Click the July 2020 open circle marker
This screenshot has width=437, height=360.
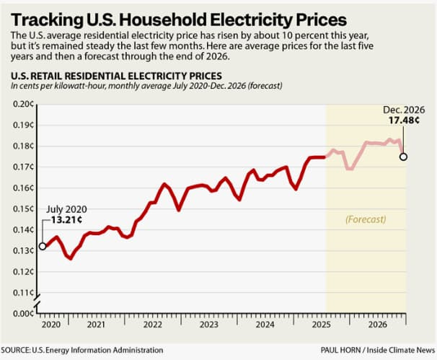43,246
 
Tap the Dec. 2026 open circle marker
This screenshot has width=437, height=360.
403,157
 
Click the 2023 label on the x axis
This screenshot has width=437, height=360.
208,325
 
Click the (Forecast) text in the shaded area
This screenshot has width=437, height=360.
366,219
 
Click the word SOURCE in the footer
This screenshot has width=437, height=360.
22,349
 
